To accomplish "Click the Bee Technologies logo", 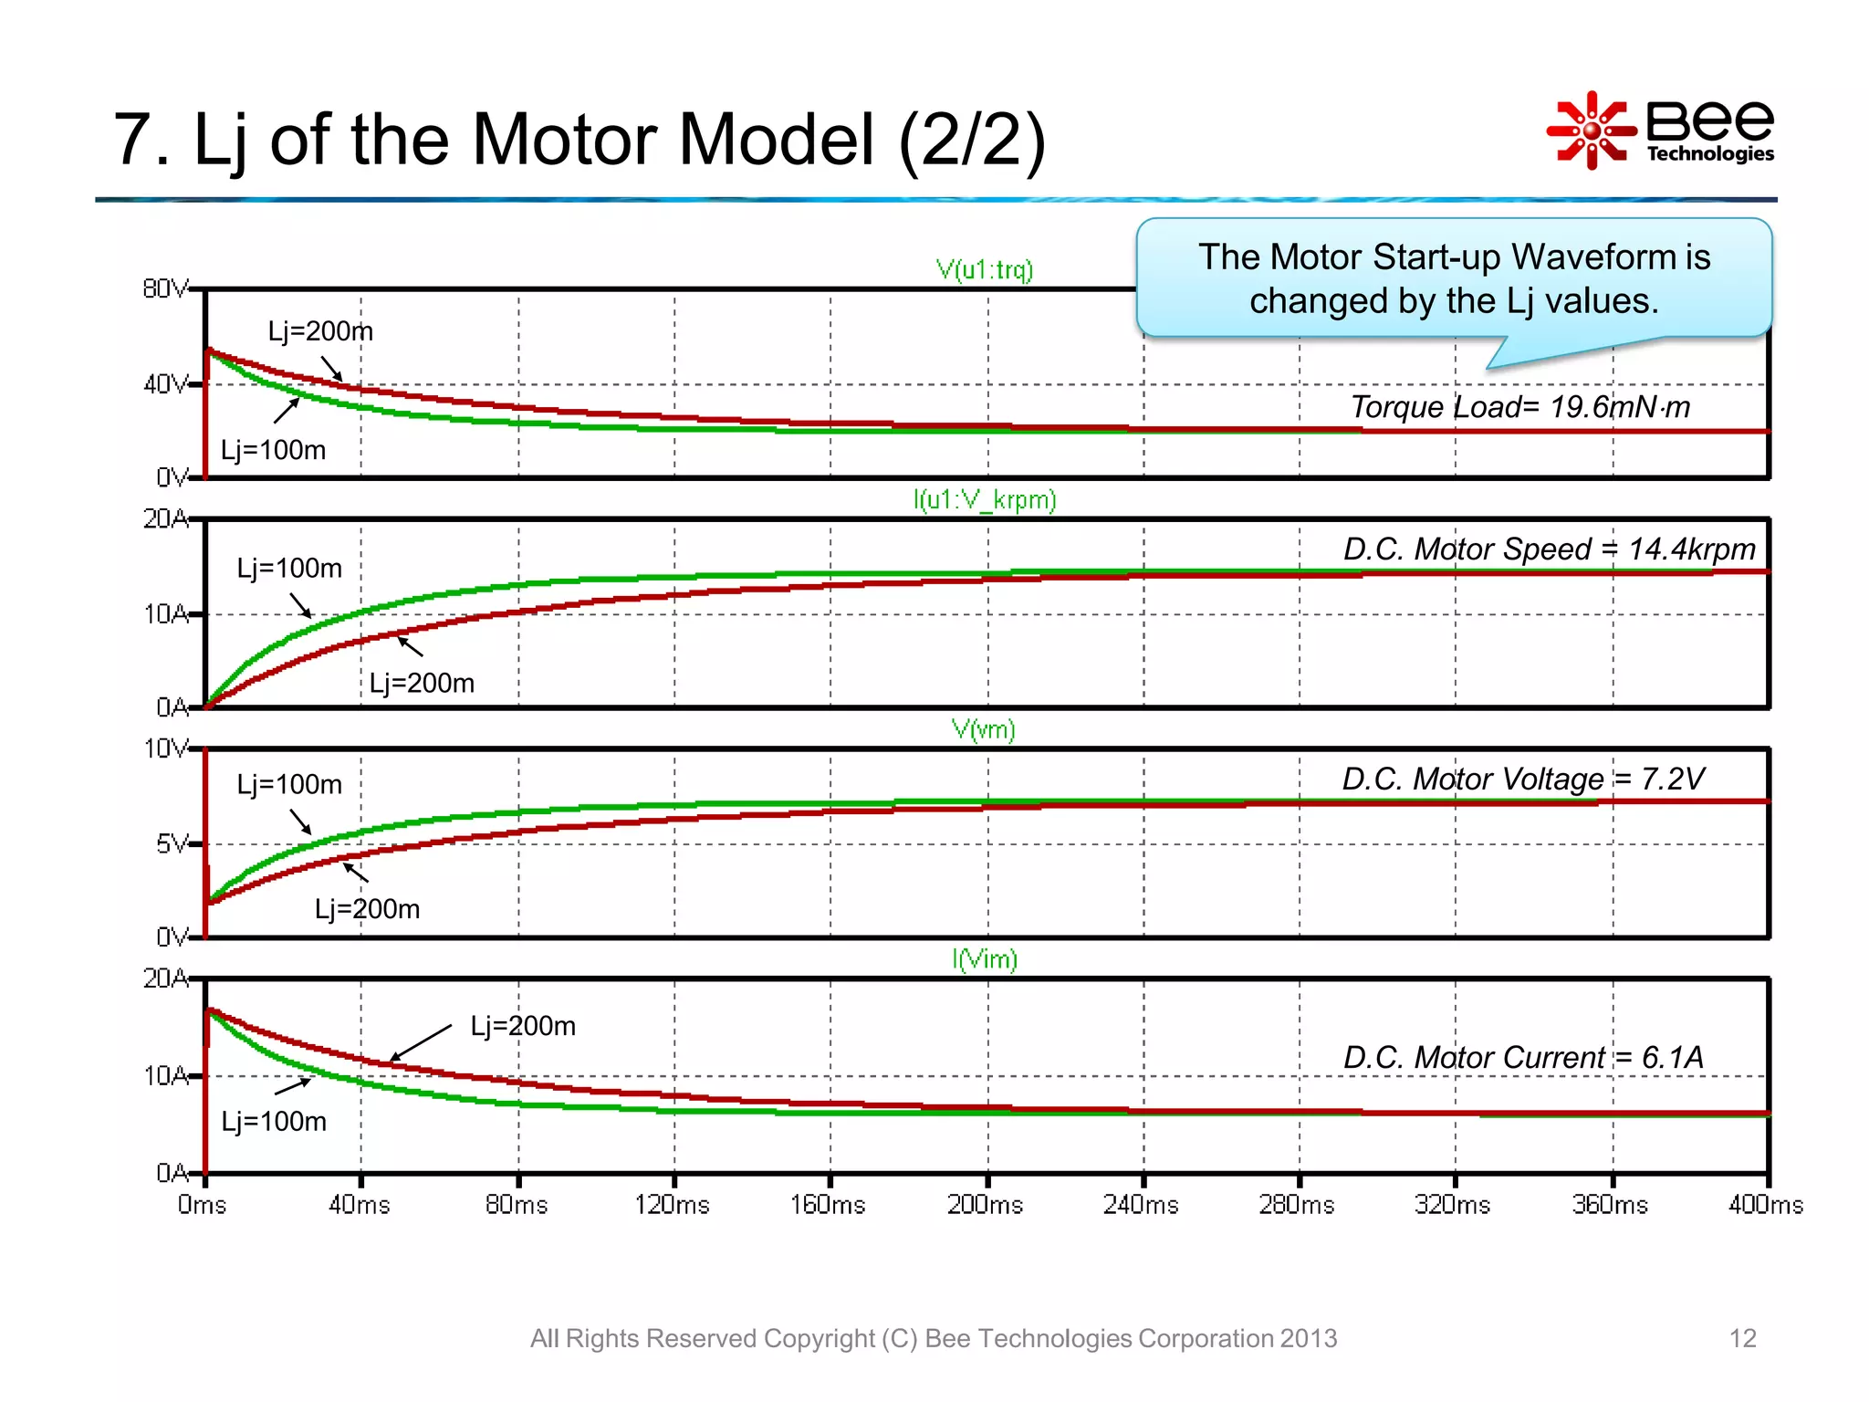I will pos(1659,131).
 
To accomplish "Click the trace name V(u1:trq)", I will pos(984,269).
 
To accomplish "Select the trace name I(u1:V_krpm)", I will pos(984,499).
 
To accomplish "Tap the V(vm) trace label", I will pos(983,729).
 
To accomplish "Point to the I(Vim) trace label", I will pos(984,959).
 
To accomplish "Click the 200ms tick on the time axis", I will pos(985,1204).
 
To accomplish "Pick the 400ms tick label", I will pos(1765,1204).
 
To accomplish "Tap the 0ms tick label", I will pos(202,1204).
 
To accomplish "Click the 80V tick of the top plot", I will pos(165,288).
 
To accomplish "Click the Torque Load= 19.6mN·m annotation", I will pos(1519,406).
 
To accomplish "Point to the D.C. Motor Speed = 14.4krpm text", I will pos(1549,549).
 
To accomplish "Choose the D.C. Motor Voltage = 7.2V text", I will pos(1522,779).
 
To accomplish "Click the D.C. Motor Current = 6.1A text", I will pos(1522,1057).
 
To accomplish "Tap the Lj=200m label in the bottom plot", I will pos(523,1026).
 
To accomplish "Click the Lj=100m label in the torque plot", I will pos(273,450).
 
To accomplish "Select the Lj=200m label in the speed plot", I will pos(422,683).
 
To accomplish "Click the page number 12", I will pos(1742,1338).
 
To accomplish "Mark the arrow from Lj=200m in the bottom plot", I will pos(421,1043).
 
